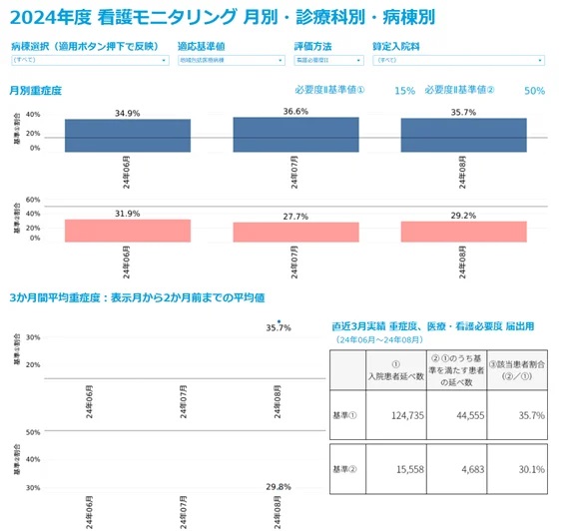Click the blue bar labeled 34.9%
coord(127,136)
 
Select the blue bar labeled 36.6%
coord(295,135)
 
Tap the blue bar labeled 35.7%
coord(463,135)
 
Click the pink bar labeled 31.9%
coord(127,231)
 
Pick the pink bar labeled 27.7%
coord(295,233)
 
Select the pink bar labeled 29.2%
coord(463,232)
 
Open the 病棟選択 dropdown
coord(89,61)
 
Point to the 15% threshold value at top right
coord(404,91)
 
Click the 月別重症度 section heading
coord(36,91)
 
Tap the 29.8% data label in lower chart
coord(279,487)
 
